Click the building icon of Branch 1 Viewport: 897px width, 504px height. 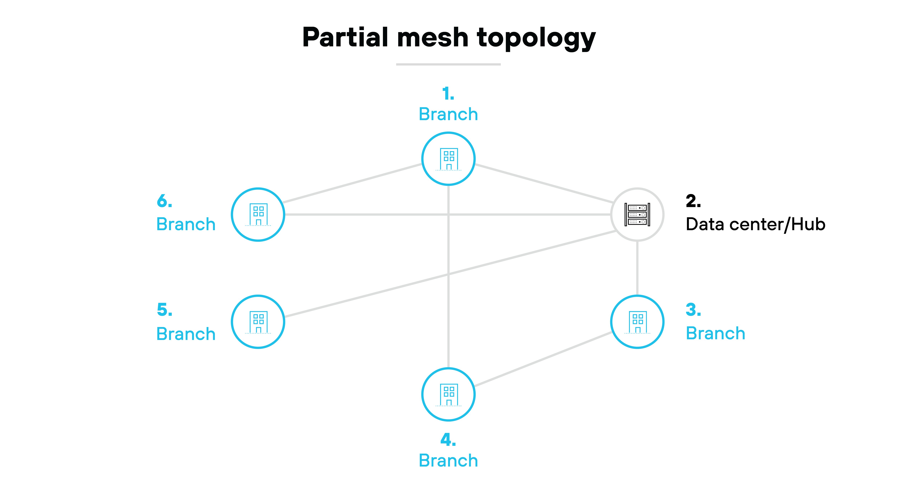click(x=448, y=159)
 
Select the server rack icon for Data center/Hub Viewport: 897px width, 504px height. click(x=637, y=215)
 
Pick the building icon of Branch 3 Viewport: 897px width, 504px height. click(x=637, y=322)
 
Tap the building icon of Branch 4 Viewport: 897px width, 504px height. click(x=448, y=394)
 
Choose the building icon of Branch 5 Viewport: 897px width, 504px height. click(x=258, y=322)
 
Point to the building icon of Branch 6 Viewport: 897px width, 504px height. click(x=258, y=215)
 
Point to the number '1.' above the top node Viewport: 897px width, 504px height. click(x=448, y=94)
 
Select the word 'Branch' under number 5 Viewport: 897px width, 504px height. click(x=186, y=334)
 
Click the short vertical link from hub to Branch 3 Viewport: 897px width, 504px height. click(x=637, y=268)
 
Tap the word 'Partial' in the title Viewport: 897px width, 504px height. click(x=345, y=38)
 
